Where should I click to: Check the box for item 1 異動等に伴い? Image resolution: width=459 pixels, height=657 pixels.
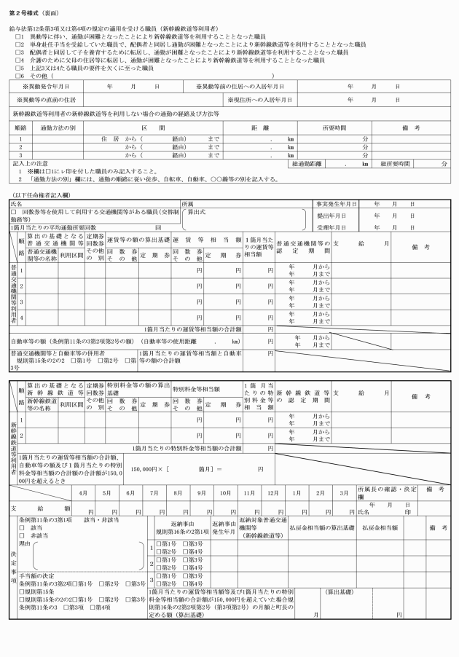click(x=17, y=34)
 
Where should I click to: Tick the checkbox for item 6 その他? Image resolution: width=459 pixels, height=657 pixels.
click(x=17, y=74)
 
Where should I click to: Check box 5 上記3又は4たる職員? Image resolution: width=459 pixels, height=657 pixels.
click(x=17, y=66)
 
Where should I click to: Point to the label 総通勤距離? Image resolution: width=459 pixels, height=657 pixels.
click(x=307, y=164)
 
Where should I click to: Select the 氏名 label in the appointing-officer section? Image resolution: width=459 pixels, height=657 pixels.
click(x=16, y=205)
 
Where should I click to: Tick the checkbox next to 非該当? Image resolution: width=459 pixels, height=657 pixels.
click(x=22, y=535)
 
